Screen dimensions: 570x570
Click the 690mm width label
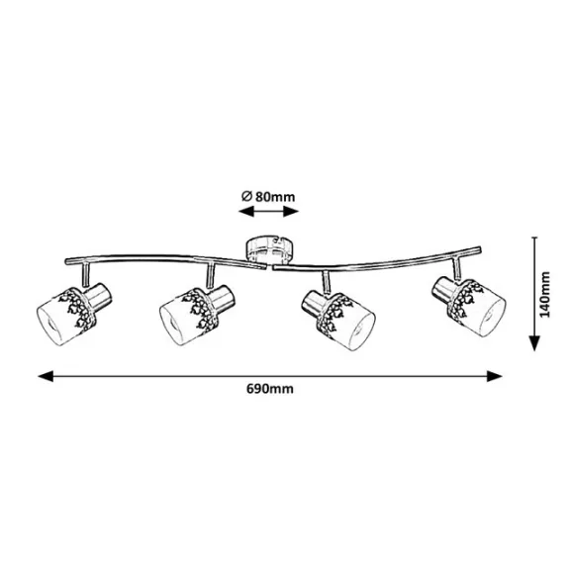pyautogui.click(x=270, y=389)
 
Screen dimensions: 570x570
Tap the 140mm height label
pyautogui.click(x=545, y=295)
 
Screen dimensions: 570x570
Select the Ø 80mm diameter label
pyautogui.click(x=268, y=197)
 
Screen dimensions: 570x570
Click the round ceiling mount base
pyautogui.click(x=269, y=249)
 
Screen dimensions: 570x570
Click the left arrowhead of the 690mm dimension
pyautogui.click(x=46, y=376)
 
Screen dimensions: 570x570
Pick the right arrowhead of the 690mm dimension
pyautogui.click(x=495, y=376)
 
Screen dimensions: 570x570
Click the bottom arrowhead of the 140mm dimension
pyautogui.click(x=534, y=343)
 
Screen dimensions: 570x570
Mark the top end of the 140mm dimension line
pyautogui.click(x=534, y=237)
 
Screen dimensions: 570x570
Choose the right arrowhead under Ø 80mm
pyautogui.click(x=291, y=211)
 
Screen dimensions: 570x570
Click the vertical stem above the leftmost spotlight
pyautogui.click(x=85, y=275)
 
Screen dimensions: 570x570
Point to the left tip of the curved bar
pyautogui.click(x=65, y=261)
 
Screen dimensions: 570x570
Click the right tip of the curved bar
pyautogui.click(x=480, y=249)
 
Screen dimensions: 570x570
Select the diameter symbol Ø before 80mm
pyautogui.click(x=246, y=197)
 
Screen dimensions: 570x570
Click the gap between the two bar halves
pyautogui.click(x=269, y=268)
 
